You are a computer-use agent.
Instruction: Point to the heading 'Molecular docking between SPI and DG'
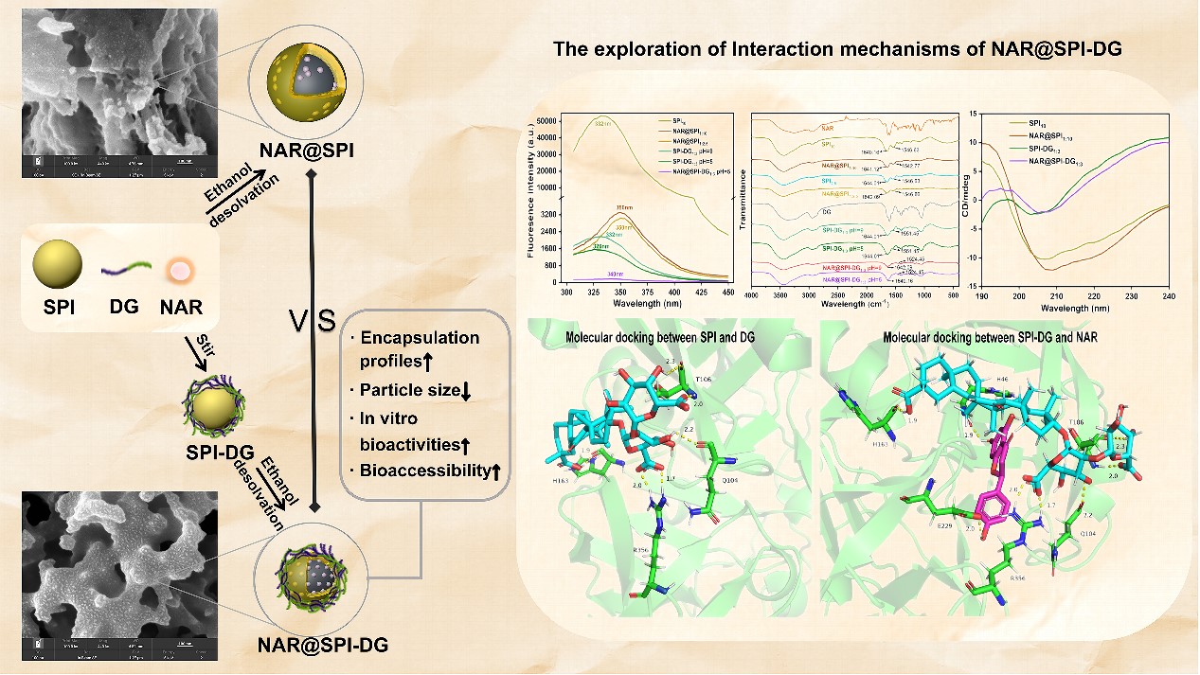(659, 337)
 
